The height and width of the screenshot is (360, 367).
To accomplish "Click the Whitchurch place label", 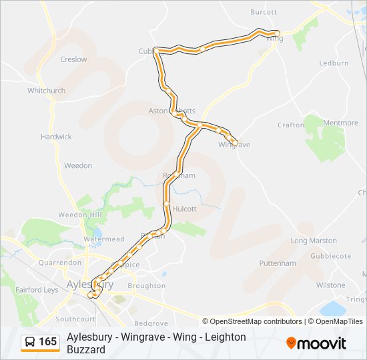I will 47,91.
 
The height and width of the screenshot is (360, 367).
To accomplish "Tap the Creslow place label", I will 73,59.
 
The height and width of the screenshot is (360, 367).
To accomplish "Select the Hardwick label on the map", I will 56,137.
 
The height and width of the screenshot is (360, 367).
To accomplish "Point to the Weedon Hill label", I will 79,215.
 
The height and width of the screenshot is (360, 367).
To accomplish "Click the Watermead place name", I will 104,239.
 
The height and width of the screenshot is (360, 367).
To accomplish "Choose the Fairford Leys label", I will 37,290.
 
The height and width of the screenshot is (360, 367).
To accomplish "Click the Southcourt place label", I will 75,319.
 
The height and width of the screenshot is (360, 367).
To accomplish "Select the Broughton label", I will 146,286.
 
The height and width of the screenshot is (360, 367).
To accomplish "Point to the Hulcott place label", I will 184,209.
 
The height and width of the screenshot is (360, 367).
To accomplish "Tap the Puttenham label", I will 278,263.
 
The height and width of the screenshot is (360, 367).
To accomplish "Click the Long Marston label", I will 314,241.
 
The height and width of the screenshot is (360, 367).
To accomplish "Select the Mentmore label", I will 340,123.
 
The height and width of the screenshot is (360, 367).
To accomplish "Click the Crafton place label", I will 291,125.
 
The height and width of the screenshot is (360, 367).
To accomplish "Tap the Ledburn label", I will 334,63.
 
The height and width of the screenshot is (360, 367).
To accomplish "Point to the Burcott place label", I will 264,12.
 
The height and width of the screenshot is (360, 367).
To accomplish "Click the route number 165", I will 48,342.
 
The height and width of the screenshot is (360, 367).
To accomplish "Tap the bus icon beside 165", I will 31,342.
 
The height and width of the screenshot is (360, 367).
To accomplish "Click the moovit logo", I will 316,343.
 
